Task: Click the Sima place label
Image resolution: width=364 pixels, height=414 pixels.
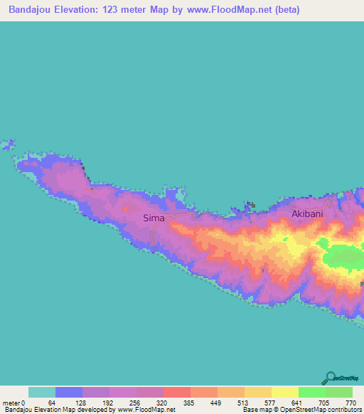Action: click(x=154, y=218)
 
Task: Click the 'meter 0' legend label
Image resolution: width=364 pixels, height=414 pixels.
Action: click(x=16, y=402)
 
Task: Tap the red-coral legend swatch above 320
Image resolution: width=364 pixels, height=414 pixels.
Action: click(x=177, y=392)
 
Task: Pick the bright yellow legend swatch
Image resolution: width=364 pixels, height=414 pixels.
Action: click(x=284, y=392)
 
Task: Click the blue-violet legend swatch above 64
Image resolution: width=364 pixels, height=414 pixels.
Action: click(x=69, y=392)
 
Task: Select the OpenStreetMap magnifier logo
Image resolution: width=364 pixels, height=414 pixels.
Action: click(x=331, y=378)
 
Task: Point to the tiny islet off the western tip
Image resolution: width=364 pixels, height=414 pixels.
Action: click(x=8, y=144)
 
